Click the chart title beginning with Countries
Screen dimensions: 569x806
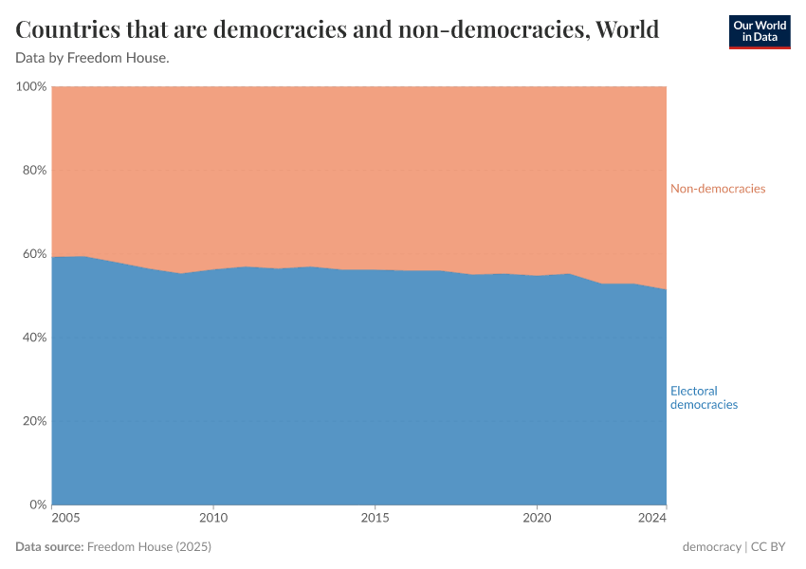338,29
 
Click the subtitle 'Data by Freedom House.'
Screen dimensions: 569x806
93,58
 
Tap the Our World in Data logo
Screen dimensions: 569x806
759,31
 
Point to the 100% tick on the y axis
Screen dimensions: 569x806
31,87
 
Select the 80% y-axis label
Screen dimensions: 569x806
33,171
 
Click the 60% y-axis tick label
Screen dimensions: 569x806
33,254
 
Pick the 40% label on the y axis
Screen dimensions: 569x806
33,338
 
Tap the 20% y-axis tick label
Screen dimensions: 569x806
33,421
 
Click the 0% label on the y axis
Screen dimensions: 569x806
37,505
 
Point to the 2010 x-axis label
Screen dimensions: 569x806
213,519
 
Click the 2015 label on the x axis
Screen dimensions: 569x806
376,519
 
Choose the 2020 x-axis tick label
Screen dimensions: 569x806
537,519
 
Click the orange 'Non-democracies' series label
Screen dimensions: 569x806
718,189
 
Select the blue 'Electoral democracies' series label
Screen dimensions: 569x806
704,397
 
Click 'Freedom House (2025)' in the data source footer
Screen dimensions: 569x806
149,547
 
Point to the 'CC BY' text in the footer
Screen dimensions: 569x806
771,547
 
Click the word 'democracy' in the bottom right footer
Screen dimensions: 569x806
711,547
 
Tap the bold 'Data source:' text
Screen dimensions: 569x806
49,547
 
